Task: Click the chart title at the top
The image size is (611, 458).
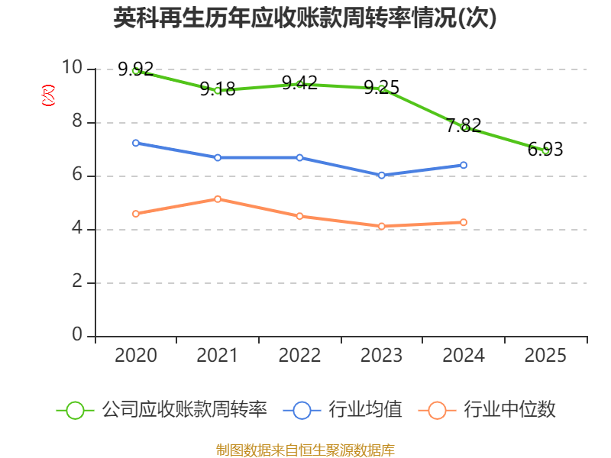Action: [305, 18]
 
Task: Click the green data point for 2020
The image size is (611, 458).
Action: [136, 71]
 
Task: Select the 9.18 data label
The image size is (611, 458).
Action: [218, 89]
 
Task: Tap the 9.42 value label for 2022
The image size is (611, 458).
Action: [299, 82]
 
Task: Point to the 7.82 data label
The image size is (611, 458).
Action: [464, 125]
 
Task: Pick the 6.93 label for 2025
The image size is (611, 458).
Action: [545, 149]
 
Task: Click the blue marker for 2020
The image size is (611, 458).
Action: [136, 143]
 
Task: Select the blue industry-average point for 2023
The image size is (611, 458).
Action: [381, 176]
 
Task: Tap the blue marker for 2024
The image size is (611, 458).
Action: [464, 165]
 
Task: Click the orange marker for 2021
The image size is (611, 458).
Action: [218, 199]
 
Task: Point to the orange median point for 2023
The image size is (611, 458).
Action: [381, 226]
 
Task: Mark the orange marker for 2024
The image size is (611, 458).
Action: [464, 222]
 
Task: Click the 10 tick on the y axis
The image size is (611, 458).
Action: [72, 67]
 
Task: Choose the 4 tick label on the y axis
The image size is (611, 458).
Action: [77, 227]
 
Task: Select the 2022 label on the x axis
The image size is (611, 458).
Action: [299, 355]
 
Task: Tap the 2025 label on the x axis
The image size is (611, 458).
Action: [545, 355]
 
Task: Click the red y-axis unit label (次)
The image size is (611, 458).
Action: [48, 95]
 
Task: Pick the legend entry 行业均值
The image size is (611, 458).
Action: [342, 410]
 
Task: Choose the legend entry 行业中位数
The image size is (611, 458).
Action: [487, 410]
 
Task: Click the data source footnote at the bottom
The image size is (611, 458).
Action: [305, 450]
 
